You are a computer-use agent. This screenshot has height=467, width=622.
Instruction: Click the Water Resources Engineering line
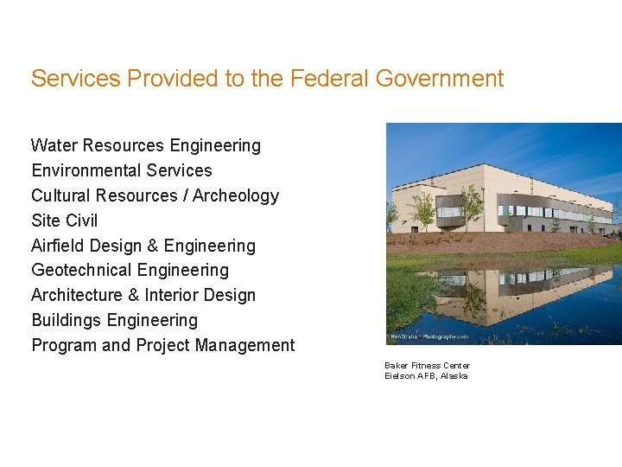(146, 145)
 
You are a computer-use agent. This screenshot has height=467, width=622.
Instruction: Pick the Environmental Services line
(122, 170)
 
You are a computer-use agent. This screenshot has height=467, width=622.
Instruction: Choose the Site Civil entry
(65, 221)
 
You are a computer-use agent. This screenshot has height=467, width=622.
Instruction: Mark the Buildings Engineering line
(115, 320)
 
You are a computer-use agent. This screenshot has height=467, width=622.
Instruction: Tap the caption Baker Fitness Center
(427, 365)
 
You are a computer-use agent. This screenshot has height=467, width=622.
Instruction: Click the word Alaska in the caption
(454, 376)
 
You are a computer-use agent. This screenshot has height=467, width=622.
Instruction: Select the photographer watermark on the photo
(429, 336)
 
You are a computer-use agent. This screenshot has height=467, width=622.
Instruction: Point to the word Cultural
(63, 195)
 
